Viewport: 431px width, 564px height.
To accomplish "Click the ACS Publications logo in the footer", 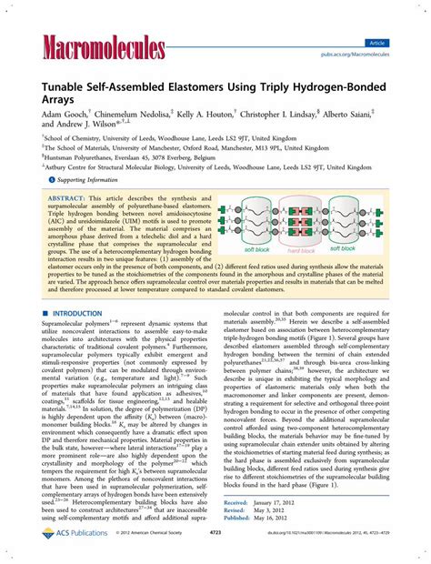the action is tap(65, 553).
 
